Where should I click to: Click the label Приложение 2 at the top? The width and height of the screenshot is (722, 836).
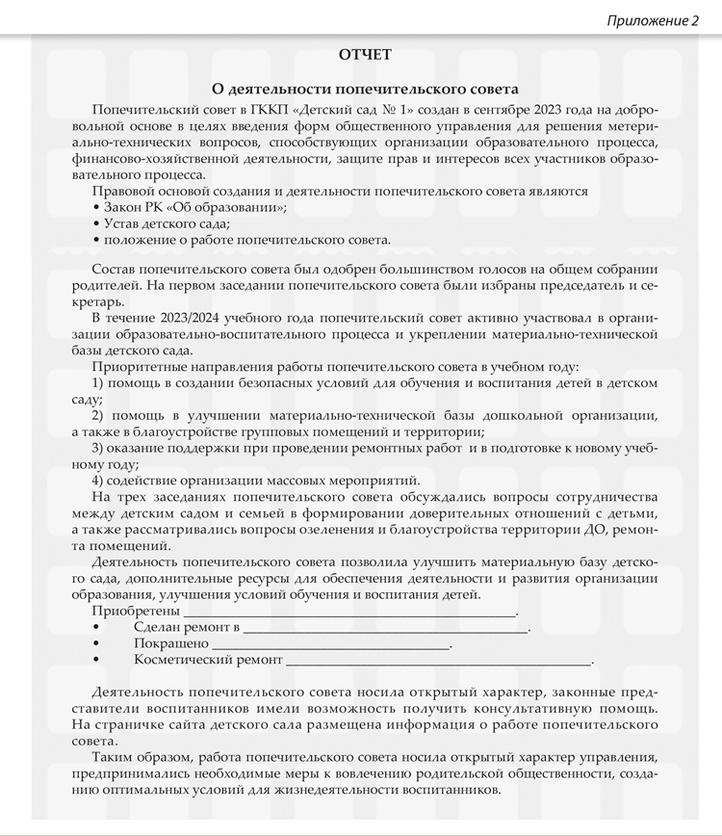click(x=653, y=20)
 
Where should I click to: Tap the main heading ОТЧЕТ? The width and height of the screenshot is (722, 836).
click(x=365, y=54)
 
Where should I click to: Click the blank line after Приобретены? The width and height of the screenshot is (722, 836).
click(x=349, y=612)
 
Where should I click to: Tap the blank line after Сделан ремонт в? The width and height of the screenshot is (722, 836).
click(x=385, y=628)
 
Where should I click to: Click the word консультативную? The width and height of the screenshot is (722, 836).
click(x=543, y=709)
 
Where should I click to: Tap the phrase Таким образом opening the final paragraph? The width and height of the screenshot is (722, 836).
click(x=142, y=758)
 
